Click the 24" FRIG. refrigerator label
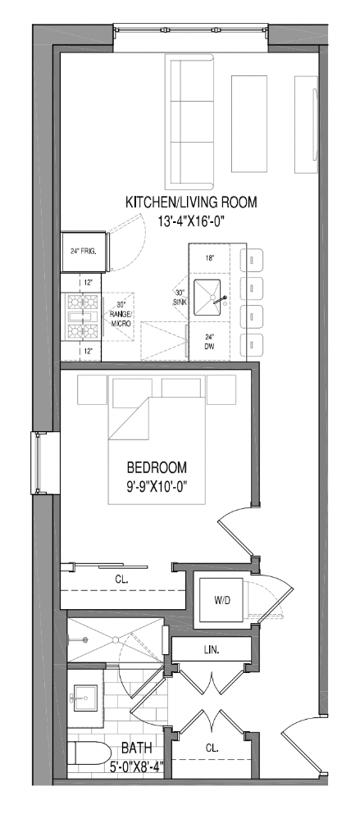pos(84,252)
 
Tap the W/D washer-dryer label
pos(221,600)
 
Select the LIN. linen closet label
pos(211,649)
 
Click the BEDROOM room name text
pos(157,468)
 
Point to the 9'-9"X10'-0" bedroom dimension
pos(157,487)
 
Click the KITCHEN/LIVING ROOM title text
pos(191,202)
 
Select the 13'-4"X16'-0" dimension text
pos(192,221)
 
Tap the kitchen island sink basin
pos(207,298)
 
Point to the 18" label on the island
pos(209,257)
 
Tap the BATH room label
pos(137,748)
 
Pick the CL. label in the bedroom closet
pos(123,579)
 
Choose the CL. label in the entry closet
pos(212,748)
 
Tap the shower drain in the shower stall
pos(116,639)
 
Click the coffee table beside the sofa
pos(248,125)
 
